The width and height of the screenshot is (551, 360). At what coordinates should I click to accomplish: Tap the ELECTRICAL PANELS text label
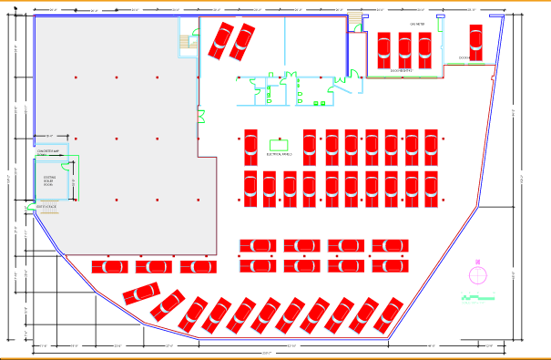tap(278, 155)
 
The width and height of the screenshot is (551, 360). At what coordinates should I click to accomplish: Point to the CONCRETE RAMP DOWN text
tap(47, 152)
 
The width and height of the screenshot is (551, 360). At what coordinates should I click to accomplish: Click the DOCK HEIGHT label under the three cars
tap(401, 70)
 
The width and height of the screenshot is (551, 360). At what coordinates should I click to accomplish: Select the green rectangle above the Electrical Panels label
tap(279, 144)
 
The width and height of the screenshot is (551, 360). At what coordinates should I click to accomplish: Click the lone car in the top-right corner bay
tap(474, 40)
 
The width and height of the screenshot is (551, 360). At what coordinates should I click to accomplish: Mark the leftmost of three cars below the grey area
tap(109, 266)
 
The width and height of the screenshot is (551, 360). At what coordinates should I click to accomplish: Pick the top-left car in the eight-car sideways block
tap(258, 246)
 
